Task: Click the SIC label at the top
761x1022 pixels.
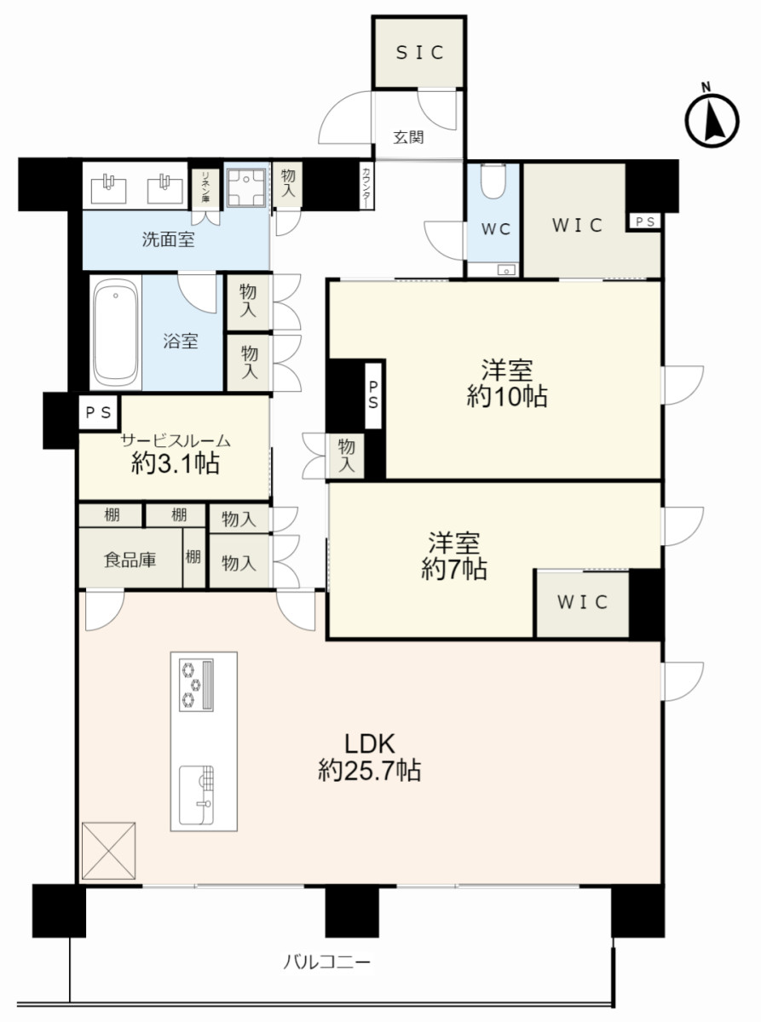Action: pyautogui.click(x=420, y=53)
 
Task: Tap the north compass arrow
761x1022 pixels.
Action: pyautogui.click(x=714, y=122)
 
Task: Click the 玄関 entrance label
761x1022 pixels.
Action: pyautogui.click(x=409, y=137)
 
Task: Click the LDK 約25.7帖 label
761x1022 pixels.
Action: pyautogui.click(x=370, y=756)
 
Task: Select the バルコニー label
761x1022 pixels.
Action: pyautogui.click(x=326, y=962)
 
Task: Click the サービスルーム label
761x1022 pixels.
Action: pyautogui.click(x=176, y=441)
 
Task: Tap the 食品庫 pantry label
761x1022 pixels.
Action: pyautogui.click(x=130, y=559)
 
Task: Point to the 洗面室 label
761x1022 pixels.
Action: pyautogui.click(x=168, y=238)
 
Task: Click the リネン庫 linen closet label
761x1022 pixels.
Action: pyautogui.click(x=205, y=187)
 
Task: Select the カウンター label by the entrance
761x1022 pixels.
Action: pyautogui.click(x=366, y=187)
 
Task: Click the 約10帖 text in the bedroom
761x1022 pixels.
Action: pyautogui.click(x=507, y=396)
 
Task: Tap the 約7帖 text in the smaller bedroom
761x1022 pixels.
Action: pyautogui.click(x=454, y=569)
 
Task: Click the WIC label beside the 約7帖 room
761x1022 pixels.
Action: pyautogui.click(x=582, y=602)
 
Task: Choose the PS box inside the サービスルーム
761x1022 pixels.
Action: pyautogui.click(x=98, y=412)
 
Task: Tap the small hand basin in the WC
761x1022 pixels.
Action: pyautogui.click(x=506, y=270)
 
